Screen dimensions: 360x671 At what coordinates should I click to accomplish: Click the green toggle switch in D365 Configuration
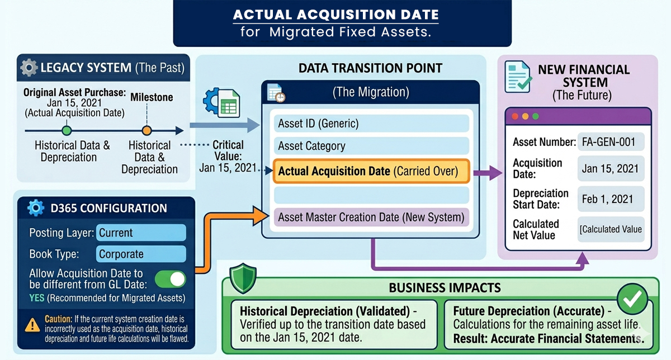click(170, 279)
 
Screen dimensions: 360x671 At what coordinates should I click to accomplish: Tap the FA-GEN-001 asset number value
click(611, 142)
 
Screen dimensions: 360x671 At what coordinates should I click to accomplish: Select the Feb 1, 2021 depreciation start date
click(611, 199)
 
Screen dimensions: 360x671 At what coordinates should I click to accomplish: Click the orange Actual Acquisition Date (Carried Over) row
click(371, 171)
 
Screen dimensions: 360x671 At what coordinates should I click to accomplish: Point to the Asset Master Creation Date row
click(371, 217)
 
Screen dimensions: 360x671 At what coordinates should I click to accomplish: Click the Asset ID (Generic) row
click(371, 123)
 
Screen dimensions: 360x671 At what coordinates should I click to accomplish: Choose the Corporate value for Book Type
click(141, 254)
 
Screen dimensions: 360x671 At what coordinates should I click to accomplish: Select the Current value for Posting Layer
click(141, 233)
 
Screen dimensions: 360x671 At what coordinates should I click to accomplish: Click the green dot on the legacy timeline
click(67, 131)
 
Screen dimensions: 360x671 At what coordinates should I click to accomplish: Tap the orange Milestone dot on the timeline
click(147, 131)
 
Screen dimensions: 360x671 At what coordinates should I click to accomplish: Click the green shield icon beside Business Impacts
click(243, 277)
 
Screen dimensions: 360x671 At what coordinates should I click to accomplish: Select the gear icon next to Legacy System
click(29, 68)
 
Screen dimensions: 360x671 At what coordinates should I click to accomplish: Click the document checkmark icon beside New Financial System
click(517, 77)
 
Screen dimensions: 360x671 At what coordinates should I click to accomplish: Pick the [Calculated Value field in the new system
click(611, 229)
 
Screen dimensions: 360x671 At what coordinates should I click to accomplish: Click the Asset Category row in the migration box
click(371, 146)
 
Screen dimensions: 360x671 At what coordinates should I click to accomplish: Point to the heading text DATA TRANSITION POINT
click(370, 68)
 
